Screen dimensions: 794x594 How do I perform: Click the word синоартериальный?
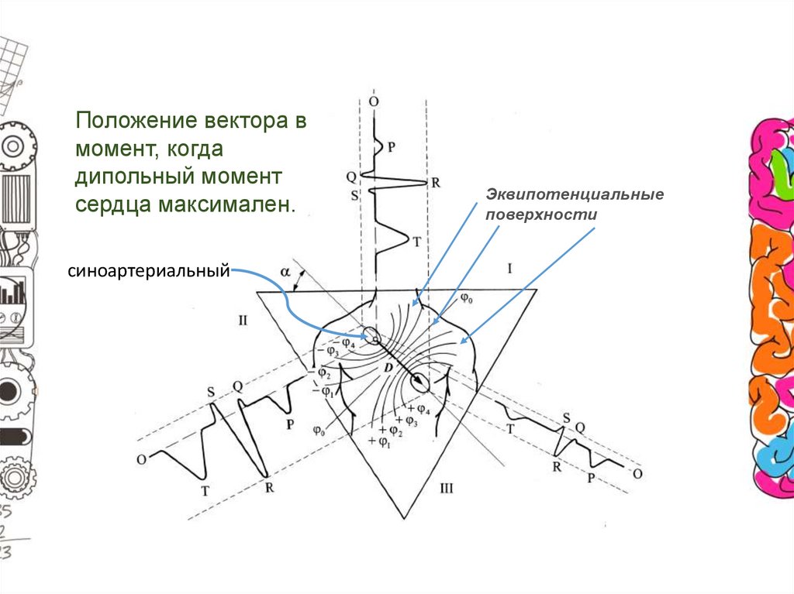click(149, 271)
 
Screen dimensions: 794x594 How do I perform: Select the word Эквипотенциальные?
click(574, 194)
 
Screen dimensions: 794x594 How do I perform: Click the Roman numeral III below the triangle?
click(446, 488)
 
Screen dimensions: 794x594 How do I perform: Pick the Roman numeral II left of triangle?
click(243, 320)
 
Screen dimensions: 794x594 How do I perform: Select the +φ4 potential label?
click(423, 408)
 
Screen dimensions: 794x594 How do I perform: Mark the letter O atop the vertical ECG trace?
click(374, 101)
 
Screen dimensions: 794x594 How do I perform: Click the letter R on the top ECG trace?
click(435, 184)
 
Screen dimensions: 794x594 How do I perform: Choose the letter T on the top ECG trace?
click(416, 242)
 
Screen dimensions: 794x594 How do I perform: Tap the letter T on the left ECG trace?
click(205, 490)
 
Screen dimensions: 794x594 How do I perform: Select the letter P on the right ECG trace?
click(590, 479)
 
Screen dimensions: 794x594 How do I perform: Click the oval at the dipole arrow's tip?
click(421, 382)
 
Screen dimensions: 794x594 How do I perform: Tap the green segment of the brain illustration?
click(779, 165)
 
